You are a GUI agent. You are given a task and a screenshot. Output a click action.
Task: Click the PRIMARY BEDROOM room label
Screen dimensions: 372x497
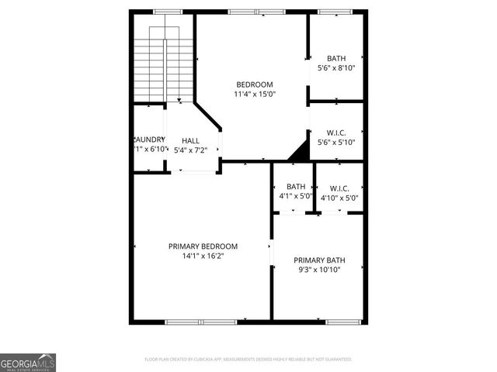pos(203,246)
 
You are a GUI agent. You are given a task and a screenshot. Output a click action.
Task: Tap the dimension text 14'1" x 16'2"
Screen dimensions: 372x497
pos(203,256)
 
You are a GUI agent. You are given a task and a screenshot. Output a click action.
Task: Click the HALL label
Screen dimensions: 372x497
pos(190,140)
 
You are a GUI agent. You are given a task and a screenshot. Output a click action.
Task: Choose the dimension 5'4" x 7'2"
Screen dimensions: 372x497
pos(190,150)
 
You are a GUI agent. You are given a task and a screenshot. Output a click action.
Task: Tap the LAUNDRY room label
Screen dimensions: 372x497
pos(150,139)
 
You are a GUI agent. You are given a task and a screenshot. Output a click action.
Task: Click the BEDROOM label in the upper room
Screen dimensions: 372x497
pos(255,84)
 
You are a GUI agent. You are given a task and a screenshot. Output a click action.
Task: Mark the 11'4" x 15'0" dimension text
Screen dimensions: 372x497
pos(255,94)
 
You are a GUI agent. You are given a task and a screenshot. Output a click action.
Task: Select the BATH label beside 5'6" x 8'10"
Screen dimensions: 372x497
pos(336,58)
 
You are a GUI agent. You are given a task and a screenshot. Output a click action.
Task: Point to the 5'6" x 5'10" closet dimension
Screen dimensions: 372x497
pos(336,143)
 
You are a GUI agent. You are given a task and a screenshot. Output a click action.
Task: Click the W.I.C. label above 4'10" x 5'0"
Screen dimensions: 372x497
pos(339,188)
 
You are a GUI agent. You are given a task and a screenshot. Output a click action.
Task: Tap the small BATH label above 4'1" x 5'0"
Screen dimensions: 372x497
pos(296,187)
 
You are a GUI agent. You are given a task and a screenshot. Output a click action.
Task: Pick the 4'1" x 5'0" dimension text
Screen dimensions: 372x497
pos(296,197)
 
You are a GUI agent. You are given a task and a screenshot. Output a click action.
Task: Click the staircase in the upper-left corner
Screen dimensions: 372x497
pos(164,66)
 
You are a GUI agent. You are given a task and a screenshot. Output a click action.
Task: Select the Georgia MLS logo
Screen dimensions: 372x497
pos(28,362)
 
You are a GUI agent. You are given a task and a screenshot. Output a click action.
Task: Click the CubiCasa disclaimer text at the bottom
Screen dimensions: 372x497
pos(248,360)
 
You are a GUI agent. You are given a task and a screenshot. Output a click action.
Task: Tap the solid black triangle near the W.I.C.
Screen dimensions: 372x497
pos(299,153)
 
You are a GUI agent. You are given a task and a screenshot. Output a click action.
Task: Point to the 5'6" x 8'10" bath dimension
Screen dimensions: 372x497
pos(336,68)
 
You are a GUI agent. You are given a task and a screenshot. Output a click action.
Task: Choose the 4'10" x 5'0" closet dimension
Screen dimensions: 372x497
pos(339,198)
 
